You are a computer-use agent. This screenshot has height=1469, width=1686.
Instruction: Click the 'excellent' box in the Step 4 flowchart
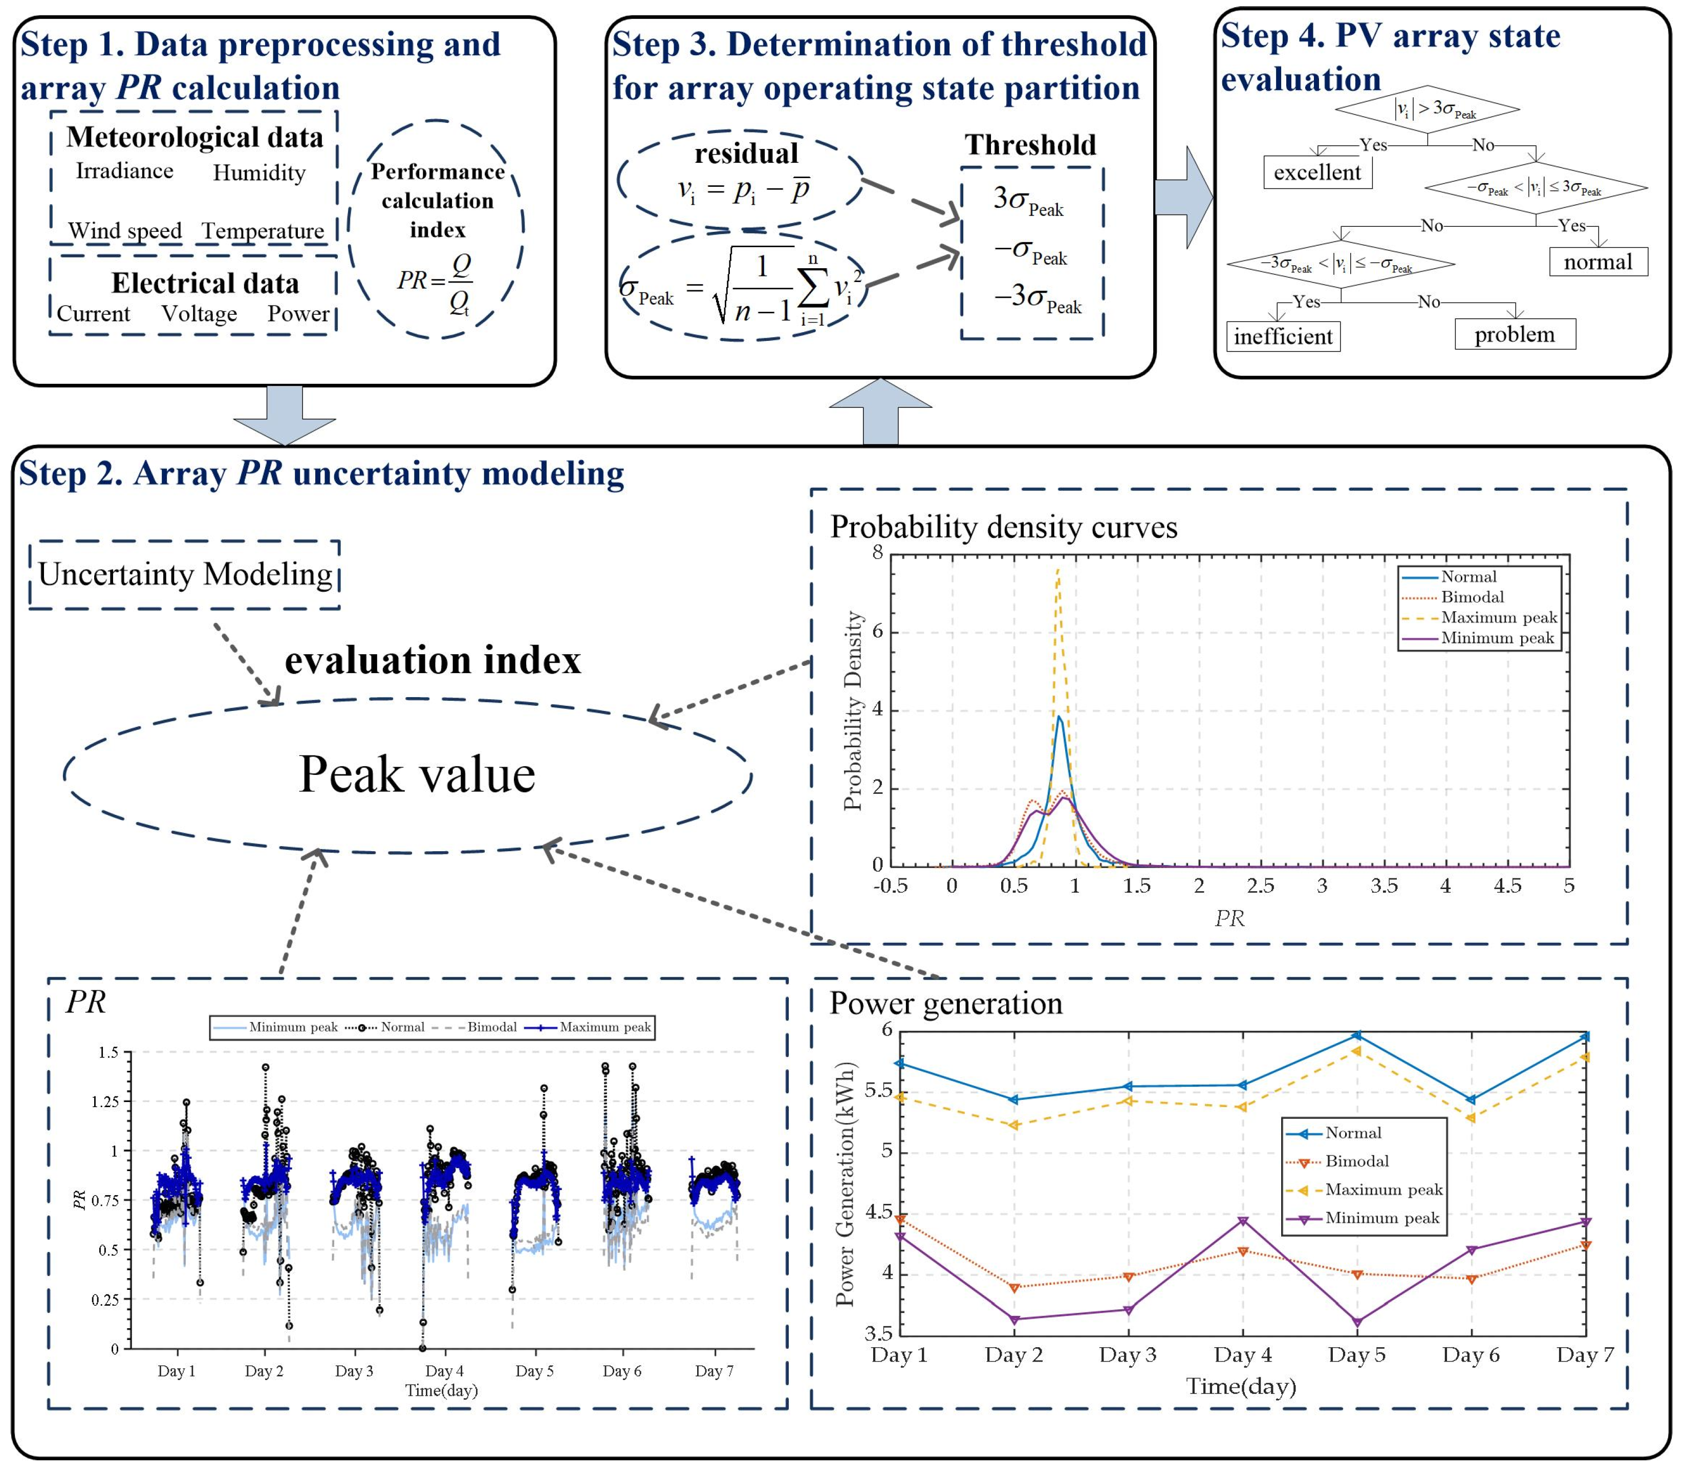point(1317,172)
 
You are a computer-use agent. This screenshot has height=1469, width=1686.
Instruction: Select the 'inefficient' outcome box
point(1283,336)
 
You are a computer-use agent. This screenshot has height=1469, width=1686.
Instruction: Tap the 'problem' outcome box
point(1515,334)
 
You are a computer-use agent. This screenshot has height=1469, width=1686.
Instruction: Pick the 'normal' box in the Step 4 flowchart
point(1597,262)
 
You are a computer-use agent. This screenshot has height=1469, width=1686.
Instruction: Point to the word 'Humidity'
point(259,173)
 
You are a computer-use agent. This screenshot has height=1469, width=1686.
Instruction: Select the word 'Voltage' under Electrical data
point(199,313)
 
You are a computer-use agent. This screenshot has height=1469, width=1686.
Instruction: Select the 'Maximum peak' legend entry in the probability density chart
point(1498,617)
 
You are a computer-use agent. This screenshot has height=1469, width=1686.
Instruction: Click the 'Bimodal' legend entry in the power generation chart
point(1356,1161)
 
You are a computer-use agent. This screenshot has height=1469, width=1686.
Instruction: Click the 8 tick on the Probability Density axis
point(878,552)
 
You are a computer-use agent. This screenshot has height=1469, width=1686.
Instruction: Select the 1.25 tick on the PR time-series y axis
point(104,1101)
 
